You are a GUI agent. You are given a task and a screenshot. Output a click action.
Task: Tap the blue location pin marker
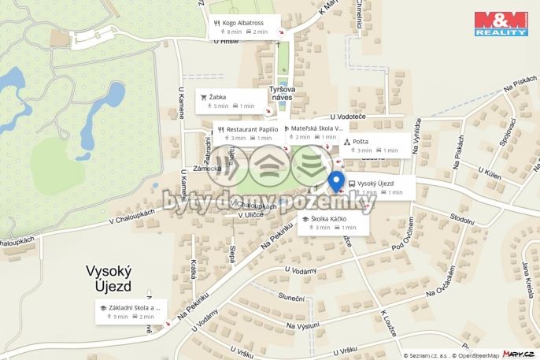point(336,181)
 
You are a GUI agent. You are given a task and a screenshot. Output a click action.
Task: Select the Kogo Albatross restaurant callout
point(246,27)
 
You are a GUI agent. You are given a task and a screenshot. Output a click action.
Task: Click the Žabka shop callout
point(229,102)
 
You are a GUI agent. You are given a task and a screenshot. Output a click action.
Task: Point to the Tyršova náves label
point(282,93)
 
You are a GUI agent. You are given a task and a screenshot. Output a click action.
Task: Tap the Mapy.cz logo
point(520,354)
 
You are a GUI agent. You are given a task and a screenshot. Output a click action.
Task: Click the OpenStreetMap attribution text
point(475,355)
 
